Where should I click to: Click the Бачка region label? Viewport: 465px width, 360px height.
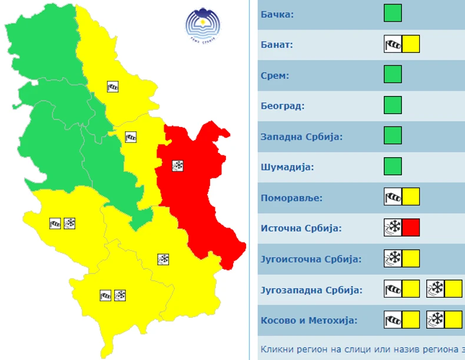coord(277,14)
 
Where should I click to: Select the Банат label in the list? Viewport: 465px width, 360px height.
coord(277,44)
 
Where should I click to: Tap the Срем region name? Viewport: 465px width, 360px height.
coord(275,75)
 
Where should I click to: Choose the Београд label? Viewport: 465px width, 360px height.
coord(283,106)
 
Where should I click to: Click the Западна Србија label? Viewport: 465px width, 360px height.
coord(301,136)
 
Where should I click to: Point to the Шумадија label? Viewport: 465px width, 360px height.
coord(287,167)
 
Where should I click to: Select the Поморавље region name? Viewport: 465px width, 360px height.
coord(292,198)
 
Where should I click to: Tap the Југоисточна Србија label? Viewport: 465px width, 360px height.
coord(311,259)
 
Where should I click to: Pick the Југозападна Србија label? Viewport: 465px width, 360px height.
coord(311,289)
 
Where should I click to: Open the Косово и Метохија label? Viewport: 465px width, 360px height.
coord(309,321)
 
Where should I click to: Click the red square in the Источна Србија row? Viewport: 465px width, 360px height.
coord(411,227)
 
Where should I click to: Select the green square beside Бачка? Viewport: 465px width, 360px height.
coord(393,13)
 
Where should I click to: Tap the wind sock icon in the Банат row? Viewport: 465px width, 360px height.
coord(393,44)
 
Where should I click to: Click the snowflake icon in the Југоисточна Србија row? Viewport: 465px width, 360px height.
coord(393,258)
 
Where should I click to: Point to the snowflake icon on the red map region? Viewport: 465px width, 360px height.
coord(177,166)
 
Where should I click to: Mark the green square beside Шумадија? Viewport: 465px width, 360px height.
coord(393,166)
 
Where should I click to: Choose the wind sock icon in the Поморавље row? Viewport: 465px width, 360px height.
coord(393,196)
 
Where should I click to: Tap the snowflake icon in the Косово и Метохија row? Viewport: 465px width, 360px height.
coord(436,319)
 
